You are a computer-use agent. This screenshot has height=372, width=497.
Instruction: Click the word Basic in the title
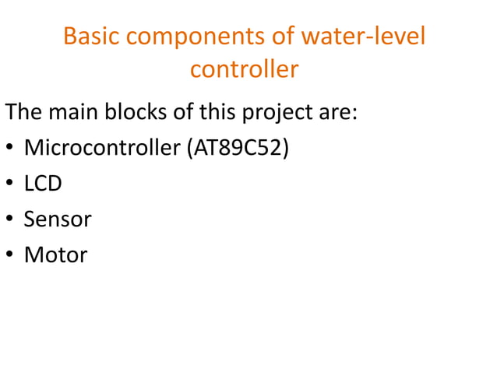90,37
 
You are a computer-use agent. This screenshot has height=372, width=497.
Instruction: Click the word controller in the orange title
244,70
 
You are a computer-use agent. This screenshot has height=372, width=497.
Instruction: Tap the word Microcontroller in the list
103,148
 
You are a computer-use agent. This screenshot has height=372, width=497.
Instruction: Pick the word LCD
43,184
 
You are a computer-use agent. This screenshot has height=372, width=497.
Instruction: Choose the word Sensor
58,219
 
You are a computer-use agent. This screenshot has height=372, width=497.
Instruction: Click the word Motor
56,254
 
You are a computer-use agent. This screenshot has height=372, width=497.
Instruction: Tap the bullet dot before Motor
9,256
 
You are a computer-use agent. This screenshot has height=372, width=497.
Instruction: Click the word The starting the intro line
24,112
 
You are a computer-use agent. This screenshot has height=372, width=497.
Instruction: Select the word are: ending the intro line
336,112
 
